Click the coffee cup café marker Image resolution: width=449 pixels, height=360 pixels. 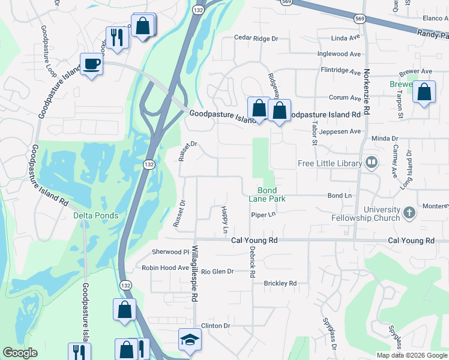pos(91,64)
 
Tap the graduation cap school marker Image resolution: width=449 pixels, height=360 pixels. pos(190,340)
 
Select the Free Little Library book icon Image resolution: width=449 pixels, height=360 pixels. pos(372,163)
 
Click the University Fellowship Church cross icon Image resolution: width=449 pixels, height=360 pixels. pos(409,213)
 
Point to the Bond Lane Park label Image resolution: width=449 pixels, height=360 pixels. pos(267,194)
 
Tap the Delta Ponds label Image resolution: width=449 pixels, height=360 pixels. pos(95,215)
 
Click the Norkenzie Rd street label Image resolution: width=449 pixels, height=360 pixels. pos(366,91)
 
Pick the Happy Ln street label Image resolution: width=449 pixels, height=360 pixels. pos(224,220)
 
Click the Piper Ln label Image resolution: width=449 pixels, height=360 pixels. pos(263,214)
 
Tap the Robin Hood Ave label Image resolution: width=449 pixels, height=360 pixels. pos(165,268)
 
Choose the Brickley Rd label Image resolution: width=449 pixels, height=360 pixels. pos(280,283)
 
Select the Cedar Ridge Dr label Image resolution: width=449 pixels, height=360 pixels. pos(256,38)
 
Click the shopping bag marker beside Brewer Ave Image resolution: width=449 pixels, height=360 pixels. pos(424,92)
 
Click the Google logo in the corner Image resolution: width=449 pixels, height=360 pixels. pos(20,353)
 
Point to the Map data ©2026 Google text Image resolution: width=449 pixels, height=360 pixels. pos(411,355)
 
